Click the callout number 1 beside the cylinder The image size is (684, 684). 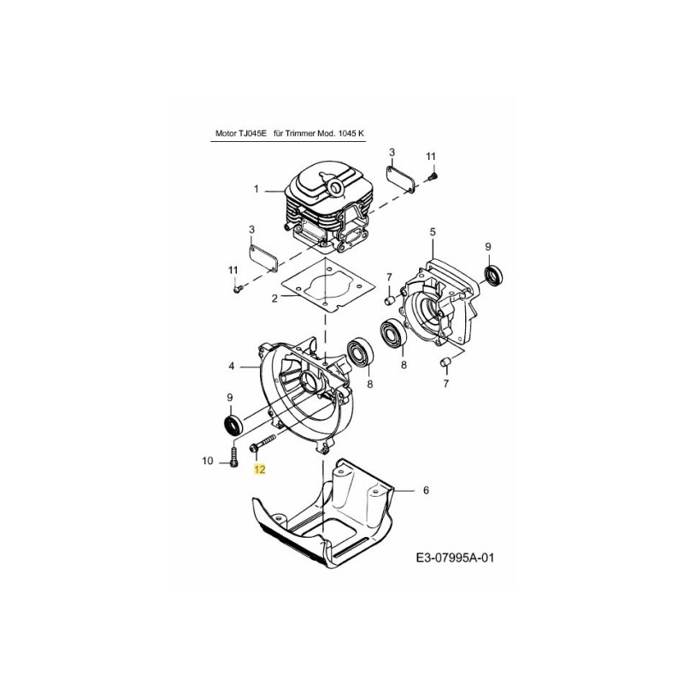255,189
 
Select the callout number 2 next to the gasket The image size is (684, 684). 274,298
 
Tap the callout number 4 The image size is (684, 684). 231,367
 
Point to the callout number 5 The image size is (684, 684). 433,232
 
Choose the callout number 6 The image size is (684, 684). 425,491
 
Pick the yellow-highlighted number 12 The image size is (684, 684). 260,469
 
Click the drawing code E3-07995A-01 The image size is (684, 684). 455,558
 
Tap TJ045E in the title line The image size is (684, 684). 251,133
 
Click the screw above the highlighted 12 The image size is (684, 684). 262,445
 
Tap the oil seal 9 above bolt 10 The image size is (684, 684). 231,425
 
